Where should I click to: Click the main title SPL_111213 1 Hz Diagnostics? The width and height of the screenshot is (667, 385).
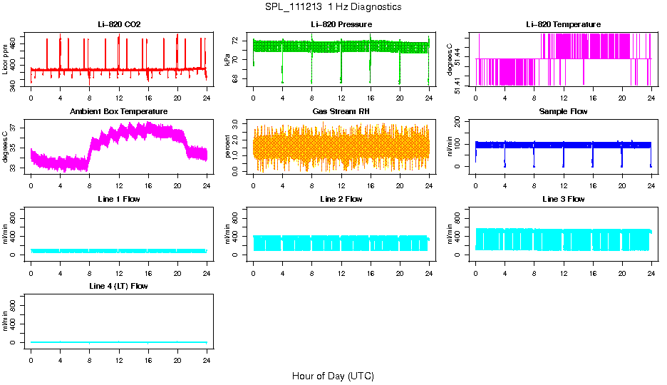click(x=333, y=7)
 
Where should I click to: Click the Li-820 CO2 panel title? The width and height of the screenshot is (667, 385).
click(x=119, y=25)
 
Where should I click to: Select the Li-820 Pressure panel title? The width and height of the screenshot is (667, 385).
click(x=341, y=25)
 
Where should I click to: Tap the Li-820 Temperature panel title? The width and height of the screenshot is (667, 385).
click(x=563, y=25)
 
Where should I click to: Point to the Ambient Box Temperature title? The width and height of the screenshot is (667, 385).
click(x=119, y=112)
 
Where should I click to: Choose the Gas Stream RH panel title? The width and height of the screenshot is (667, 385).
click(x=341, y=112)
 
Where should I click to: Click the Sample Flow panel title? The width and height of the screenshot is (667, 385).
click(x=563, y=112)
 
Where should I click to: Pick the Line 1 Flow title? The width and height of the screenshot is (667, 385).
click(x=119, y=199)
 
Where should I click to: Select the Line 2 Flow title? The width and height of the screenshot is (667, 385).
click(x=341, y=199)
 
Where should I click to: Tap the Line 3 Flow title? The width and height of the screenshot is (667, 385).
click(x=563, y=199)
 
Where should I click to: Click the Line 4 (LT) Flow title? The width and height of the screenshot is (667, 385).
click(x=119, y=286)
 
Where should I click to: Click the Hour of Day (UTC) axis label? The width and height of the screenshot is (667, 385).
click(x=333, y=376)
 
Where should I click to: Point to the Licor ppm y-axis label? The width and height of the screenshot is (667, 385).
click(x=6, y=59)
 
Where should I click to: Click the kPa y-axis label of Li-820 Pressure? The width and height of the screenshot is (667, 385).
click(x=228, y=59)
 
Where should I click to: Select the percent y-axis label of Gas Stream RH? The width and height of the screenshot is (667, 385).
click(x=228, y=146)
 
